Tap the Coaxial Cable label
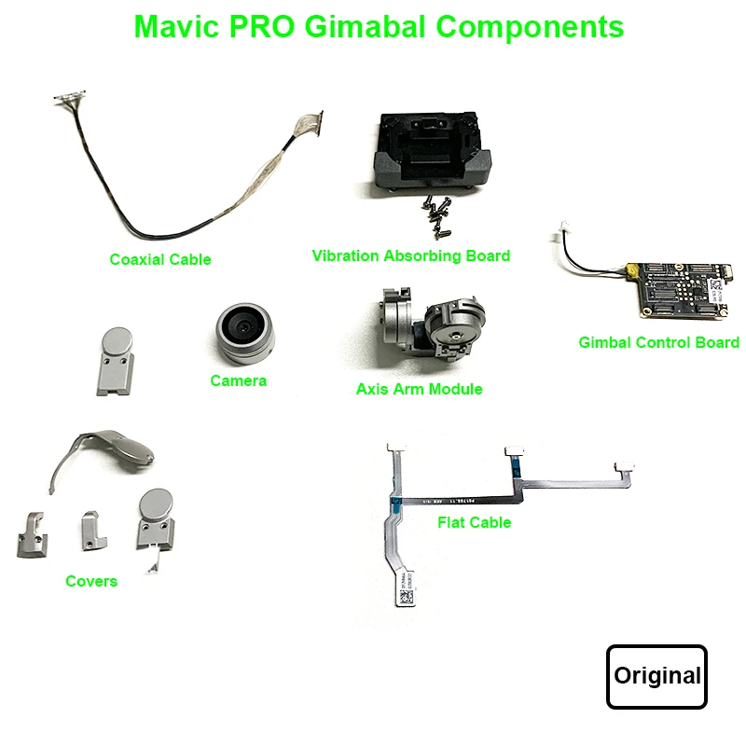[160, 259]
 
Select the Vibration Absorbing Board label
[411, 255]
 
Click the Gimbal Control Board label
[658, 342]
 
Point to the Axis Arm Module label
[419, 389]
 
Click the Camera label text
[238, 380]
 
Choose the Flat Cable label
[474, 522]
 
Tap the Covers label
[91, 581]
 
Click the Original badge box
[656, 676]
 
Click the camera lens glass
[244, 326]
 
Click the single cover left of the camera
[115, 362]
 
